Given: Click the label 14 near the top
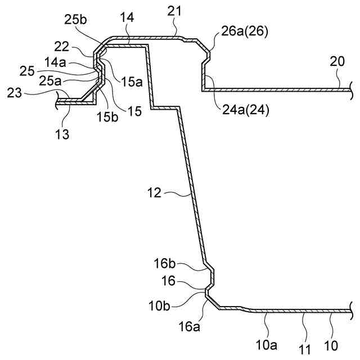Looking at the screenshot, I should pyautogui.click(x=127, y=18).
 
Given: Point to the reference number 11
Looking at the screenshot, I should pyautogui.click(x=304, y=349).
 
